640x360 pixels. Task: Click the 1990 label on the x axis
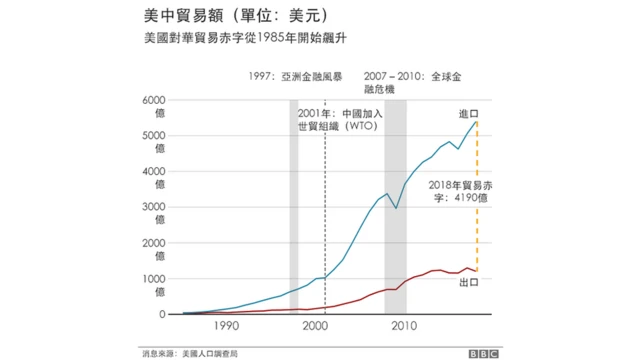tap(225, 327)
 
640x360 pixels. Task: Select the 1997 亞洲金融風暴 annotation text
tap(296, 76)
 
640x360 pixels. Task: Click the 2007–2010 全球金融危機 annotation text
tap(409, 82)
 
